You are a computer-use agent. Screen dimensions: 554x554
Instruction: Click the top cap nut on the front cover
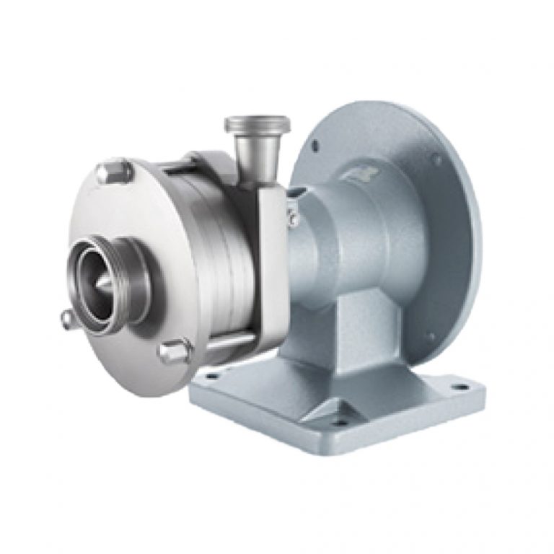click(115, 172)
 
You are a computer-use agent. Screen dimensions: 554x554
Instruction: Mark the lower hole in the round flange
click(431, 335)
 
